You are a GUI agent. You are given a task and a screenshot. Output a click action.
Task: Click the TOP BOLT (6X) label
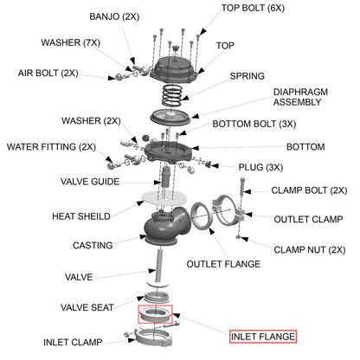click(254, 8)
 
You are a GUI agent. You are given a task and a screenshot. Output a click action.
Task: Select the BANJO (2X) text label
click(116, 16)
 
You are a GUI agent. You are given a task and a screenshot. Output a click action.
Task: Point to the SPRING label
click(247, 76)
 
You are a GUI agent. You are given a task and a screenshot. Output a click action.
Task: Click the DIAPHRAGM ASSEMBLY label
click(301, 97)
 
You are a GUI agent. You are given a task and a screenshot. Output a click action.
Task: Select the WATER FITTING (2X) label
click(51, 146)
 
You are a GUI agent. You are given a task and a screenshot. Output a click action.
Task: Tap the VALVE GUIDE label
click(89, 182)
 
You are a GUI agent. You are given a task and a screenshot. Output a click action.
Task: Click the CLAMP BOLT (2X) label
click(309, 190)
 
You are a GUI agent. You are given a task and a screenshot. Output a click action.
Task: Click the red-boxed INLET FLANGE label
click(262, 336)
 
